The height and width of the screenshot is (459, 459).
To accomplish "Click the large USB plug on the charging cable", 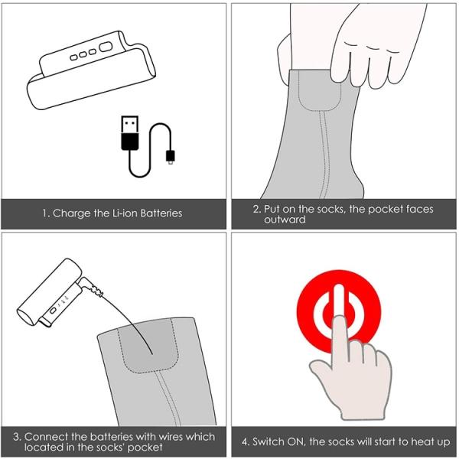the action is point(130,133).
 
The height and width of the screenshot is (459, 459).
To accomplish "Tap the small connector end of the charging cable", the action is point(171,157).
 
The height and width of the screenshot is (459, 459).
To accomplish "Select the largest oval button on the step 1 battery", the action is point(106,47).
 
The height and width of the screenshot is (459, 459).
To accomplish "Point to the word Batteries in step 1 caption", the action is point(161,213).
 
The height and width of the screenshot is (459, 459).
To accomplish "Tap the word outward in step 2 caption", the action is point(285,220).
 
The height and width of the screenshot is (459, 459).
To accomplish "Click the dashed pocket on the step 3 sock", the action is point(148,347).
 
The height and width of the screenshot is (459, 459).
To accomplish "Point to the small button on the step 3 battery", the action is point(53,311).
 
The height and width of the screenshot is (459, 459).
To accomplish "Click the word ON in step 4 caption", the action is point(295,441).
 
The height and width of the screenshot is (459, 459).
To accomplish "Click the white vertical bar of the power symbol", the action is point(339,301).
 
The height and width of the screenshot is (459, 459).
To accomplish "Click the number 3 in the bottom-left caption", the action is point(16,437).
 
